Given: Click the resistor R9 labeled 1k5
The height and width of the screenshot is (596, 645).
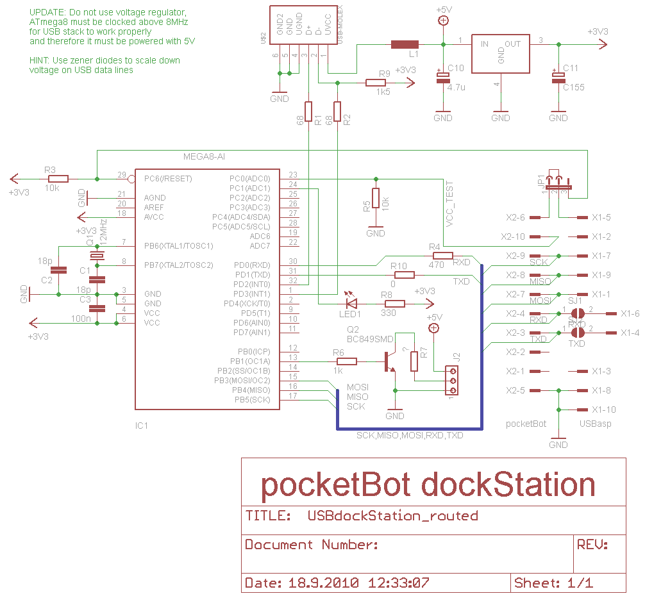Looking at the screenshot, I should [376, 83].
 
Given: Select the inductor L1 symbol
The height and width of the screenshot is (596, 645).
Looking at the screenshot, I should [405, 44].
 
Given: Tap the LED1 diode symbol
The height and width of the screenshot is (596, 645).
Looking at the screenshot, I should [351, 304].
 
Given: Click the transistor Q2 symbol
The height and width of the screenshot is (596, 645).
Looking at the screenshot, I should [389, 361].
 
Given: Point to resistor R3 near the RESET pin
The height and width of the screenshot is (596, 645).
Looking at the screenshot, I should [58, 179].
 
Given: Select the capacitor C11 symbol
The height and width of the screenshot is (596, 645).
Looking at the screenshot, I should [558, 78].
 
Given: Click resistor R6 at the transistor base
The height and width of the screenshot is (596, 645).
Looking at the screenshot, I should [347, 361].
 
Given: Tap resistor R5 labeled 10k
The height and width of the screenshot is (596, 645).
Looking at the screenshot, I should [376, 199].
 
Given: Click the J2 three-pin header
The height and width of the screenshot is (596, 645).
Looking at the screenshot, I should [453, 381].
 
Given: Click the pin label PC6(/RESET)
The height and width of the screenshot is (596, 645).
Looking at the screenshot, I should [169, 178].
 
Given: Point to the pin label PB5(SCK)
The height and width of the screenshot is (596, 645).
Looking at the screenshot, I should [253, 400].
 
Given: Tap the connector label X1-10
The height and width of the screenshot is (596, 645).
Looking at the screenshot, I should [603, 410].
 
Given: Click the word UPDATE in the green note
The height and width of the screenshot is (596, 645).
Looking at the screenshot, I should [47, 12].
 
